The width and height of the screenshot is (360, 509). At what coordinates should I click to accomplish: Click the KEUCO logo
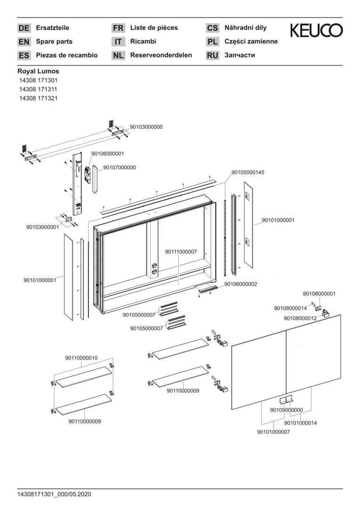(316, 31)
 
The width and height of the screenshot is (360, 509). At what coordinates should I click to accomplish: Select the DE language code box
(24, 28)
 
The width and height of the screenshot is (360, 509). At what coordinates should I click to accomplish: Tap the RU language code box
(213, 56)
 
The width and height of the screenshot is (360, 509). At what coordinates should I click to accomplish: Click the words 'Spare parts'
(54, 41)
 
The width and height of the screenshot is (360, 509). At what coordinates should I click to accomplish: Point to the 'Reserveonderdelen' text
(161, 55)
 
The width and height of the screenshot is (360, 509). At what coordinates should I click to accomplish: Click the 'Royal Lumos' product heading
(38, 72)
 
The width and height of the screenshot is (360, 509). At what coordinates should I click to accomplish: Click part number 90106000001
(107, 154)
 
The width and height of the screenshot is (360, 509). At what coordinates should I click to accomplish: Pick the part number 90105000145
(248, 172)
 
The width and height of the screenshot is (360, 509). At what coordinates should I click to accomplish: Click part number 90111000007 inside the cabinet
(181, 252)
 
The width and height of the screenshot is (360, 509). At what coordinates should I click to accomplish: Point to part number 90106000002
(240, 284)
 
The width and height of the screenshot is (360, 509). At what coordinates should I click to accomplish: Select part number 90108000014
(290, 308)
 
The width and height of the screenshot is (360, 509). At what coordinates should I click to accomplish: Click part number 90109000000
(286, 410)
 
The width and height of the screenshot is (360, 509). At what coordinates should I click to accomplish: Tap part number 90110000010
(82, 358)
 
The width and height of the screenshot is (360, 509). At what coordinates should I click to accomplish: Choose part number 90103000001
(42, 227)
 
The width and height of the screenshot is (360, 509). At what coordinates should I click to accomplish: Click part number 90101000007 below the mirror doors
(273, 432)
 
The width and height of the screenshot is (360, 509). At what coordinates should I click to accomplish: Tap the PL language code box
(213, 42)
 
